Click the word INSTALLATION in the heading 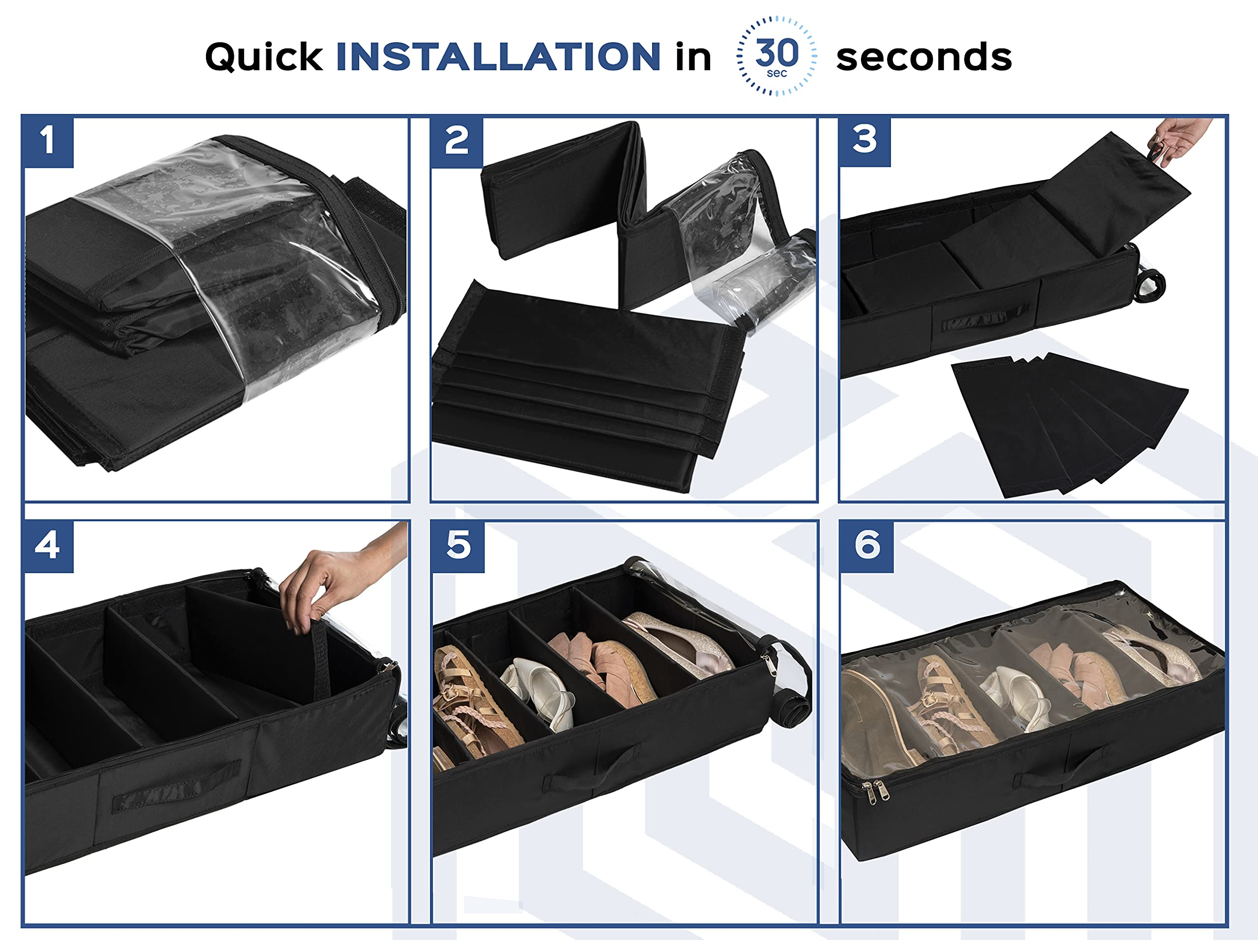coord(498,57)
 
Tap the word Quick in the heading coord(263,57)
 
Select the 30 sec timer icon coord(776,55)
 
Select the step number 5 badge coord(458,546)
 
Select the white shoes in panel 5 coord(540,691)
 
